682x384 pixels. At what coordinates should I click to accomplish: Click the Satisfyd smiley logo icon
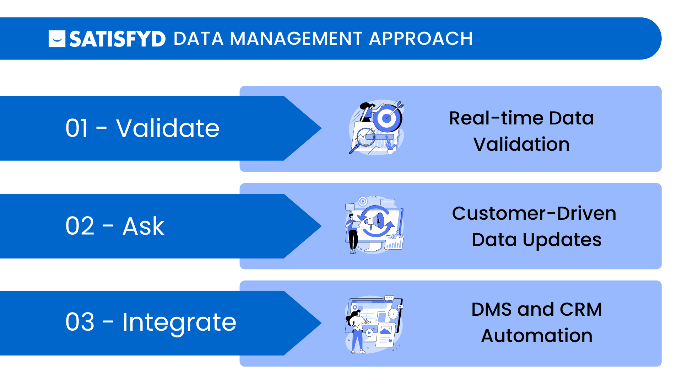point(57,39)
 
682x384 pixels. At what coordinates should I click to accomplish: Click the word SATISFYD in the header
point(117,39)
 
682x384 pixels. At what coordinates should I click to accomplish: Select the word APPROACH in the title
point(421,38)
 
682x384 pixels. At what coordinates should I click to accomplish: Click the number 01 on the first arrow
point(77,128)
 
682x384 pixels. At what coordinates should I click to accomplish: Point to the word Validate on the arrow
point(168,128)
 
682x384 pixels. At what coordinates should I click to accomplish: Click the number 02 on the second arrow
point(80,226)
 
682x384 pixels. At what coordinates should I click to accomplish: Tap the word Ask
point(144,226)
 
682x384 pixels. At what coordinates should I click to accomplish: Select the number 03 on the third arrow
point(80,322)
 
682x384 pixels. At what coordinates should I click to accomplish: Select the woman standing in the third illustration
point(356,331)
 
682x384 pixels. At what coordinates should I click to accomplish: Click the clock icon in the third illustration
point(393,314)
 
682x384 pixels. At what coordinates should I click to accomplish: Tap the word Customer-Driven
point(534,214)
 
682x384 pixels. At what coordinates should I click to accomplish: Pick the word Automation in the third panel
point(536,336)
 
